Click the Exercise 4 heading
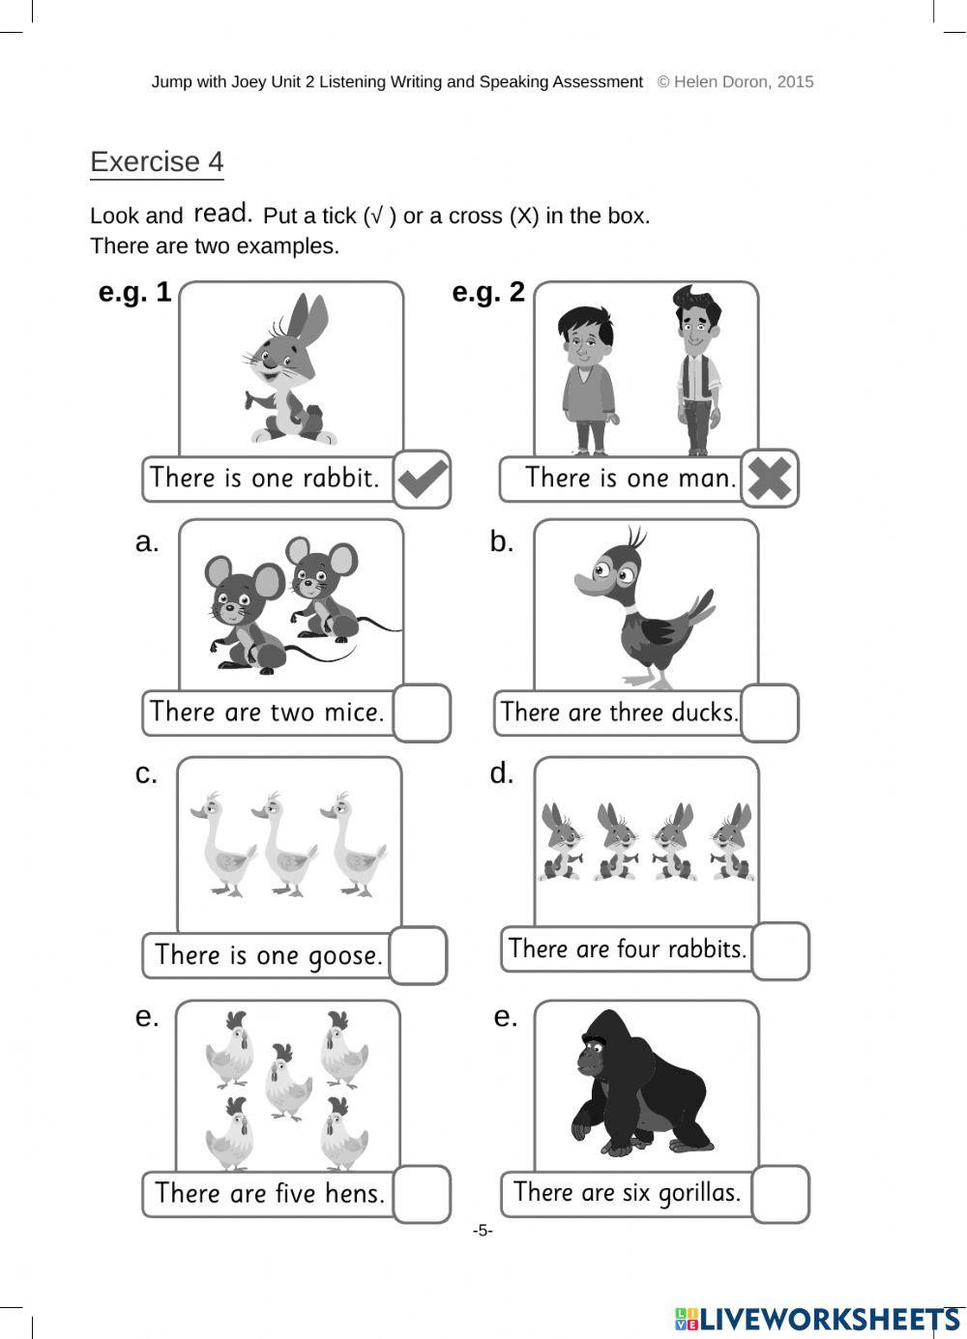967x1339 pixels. pos(157,161)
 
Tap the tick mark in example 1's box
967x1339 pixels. pos(423,479)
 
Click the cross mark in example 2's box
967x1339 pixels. pos(770,478)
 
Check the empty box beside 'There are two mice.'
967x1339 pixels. pos(423,713)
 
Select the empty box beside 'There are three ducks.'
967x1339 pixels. pos(770,713)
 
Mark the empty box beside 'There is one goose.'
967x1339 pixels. pos(418,955)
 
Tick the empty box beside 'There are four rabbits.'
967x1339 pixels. pos(780,950)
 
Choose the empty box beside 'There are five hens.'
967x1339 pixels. pos(423,1193)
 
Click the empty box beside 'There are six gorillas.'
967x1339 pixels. pos(780,1193)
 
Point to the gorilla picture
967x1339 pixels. pos(638,1083)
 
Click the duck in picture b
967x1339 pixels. pos(643,609)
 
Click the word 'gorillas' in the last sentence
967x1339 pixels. pos(698,1193)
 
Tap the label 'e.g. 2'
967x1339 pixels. pos(488,292)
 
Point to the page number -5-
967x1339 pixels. pos(483,1231)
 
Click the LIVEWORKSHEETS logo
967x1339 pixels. pos(818,1319)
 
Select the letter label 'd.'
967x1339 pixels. pos(502,773)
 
